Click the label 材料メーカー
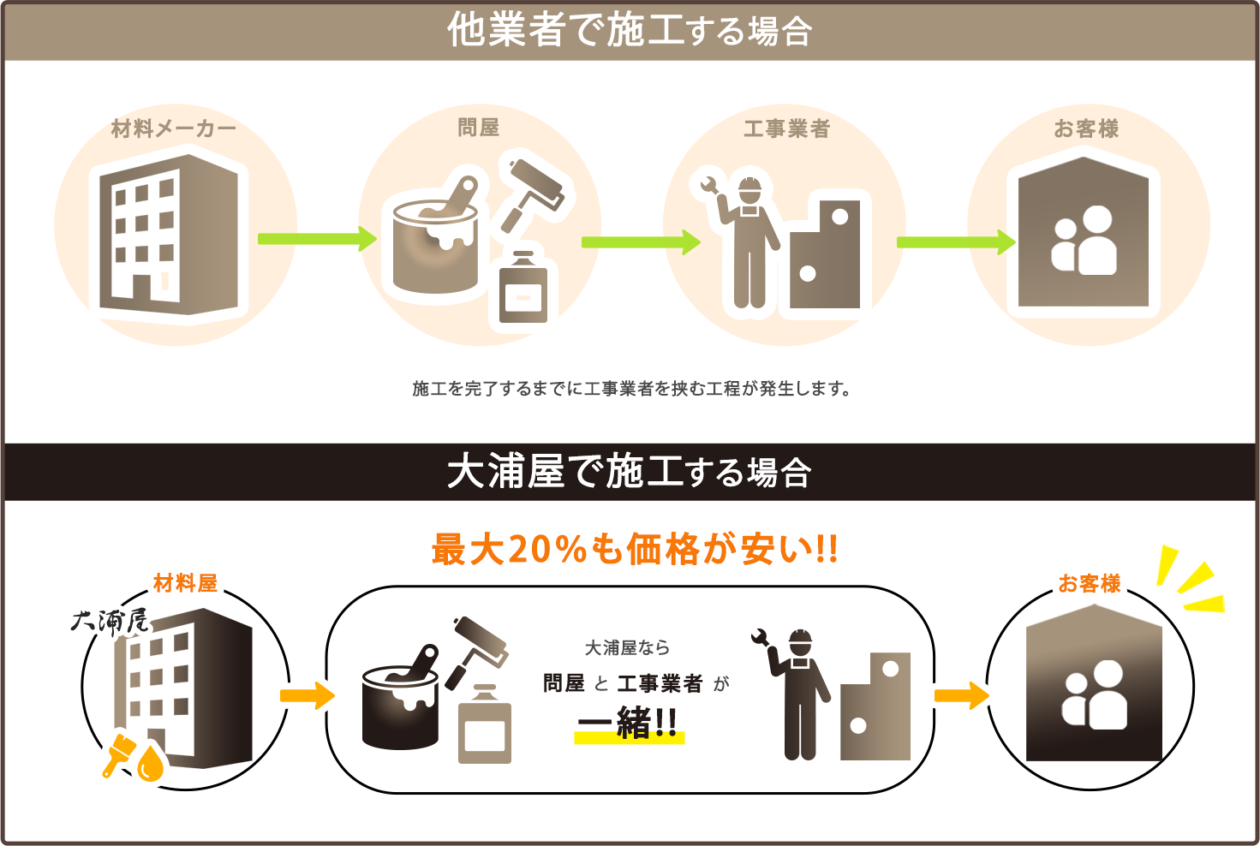click(174, 129)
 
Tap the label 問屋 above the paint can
click(478, 128)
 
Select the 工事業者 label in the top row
click(786, 129)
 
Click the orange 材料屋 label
click(185, 584)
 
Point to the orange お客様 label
click(1089, 584)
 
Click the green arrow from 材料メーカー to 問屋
click(317, 238)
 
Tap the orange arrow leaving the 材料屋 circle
click(308, 694)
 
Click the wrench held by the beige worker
click(708, 184)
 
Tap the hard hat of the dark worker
click(800, 640)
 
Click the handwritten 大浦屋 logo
click(110, 621)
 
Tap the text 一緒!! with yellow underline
click(629, 724)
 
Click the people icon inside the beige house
click(1084, 241)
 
